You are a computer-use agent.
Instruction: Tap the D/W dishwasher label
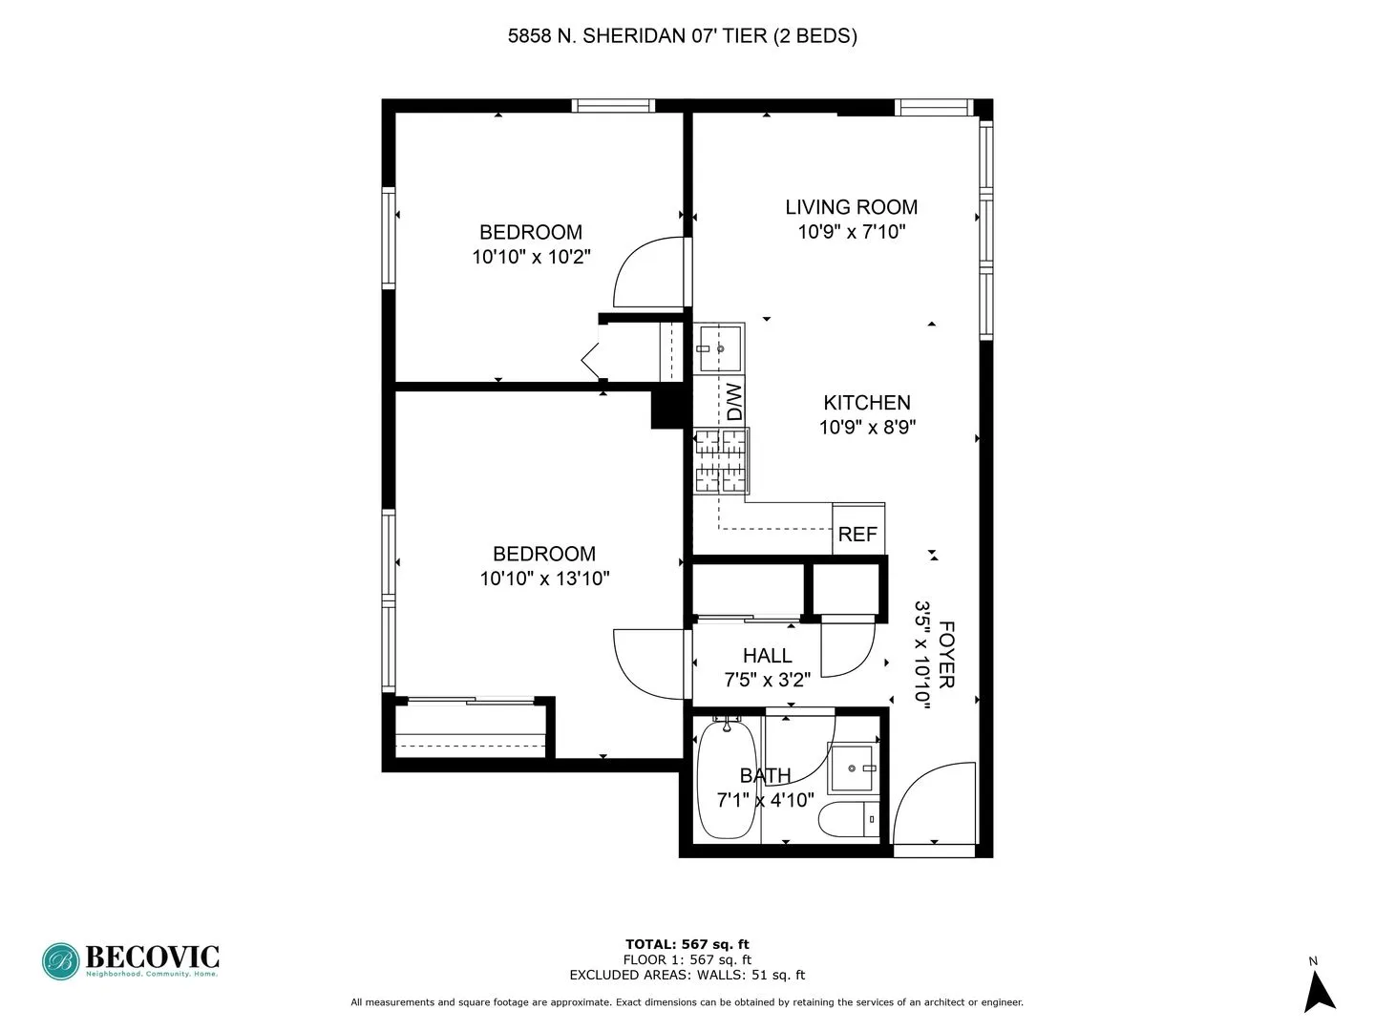point(733,402)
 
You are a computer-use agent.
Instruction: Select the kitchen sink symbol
point(719,348)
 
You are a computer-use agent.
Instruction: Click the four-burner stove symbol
point(720,461)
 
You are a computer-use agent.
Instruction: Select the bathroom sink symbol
point(852,768)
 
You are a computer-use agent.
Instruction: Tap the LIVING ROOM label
point(851,207)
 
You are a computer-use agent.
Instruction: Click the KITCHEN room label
point(867,403)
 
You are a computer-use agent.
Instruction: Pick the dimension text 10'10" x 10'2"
point(531,257)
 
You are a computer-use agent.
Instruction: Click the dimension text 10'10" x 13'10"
point(544,579)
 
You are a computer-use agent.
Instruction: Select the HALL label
point(767,656)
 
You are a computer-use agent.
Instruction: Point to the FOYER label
point(946,654)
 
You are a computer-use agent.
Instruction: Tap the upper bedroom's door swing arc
point(647,273)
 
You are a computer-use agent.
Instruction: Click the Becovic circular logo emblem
point(61,961)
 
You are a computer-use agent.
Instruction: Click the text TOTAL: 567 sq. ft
point(687,945)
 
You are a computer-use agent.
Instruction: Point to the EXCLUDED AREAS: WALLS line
point(687,975)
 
